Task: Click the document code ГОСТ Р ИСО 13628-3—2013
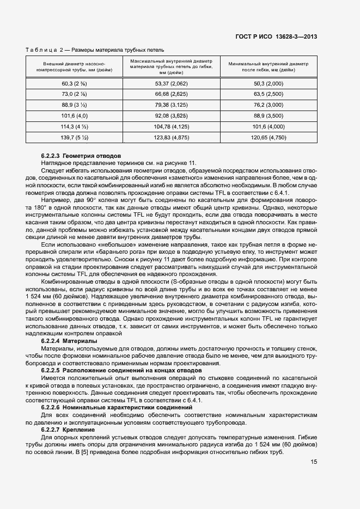pyautogui.click(x=276, y=37)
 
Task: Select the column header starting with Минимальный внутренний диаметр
pyautogui.click(x=269, y=66)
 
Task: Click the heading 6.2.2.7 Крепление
pyautogui.click(x=68, y=430)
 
